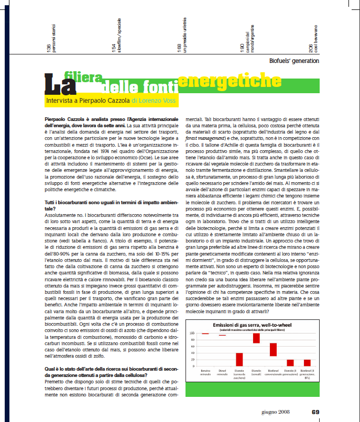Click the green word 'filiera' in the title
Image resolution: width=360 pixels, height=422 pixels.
click(83, 77)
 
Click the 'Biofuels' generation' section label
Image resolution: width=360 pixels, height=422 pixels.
click(294, 61)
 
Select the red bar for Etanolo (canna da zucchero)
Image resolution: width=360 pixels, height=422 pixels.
click(239, 359)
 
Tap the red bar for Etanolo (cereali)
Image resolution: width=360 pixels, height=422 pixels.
click(256, 338)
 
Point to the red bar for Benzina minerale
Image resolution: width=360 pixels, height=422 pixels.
click(205, 334)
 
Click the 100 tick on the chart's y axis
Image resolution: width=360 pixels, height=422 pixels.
click(192, 333)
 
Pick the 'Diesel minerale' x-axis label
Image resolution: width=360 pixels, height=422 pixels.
click(222, 373)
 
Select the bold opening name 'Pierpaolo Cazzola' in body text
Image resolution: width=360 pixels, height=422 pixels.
click(67, 120)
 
